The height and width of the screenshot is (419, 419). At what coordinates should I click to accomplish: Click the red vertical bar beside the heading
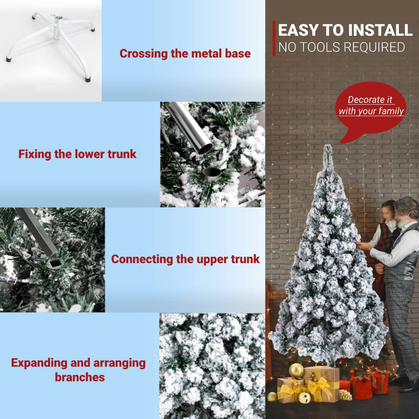(274, 38)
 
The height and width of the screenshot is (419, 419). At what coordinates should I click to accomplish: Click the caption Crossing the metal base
(185, 53)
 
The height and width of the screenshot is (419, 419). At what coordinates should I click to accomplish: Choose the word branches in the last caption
(79, 377)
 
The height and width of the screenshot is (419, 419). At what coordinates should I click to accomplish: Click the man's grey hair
(408, 205)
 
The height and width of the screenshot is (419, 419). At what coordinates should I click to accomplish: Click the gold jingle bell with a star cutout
(304, 397)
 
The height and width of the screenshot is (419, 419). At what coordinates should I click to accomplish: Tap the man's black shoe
(410, 387)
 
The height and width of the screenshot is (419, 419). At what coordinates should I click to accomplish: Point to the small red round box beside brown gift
(344, 385)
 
